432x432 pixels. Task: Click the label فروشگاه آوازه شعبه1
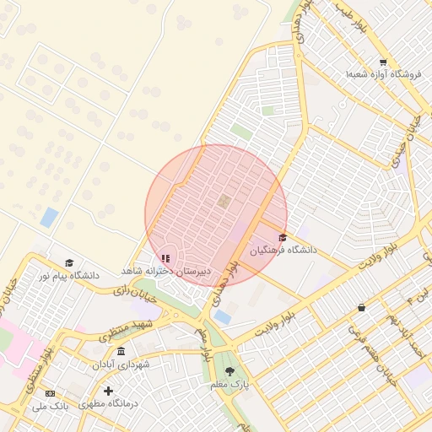tap(382, 74)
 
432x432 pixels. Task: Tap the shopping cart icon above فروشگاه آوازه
tap(383, 62)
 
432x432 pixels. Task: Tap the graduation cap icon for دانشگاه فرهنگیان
tap(282, 238)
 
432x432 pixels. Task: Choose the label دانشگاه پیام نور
tap(67, 276)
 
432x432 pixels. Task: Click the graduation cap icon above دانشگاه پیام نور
tap(69, 263)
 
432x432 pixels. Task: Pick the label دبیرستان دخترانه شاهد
tap(165, 271)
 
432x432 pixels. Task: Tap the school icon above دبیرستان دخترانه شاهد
tap(165, 258)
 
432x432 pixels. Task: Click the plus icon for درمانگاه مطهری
tap(108, 391)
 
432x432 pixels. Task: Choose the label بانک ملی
tap(50, 407)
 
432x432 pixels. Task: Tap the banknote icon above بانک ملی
tap(50, 394)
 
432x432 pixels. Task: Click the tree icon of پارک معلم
tap(230, 371)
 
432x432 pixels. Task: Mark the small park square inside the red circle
tap(224, 201)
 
